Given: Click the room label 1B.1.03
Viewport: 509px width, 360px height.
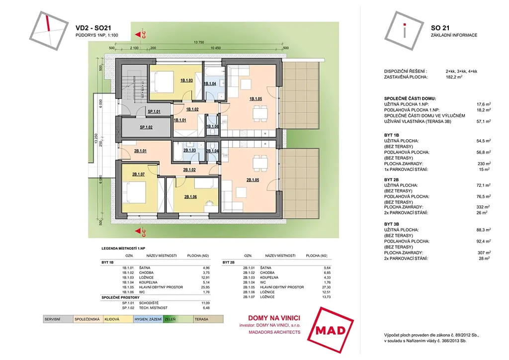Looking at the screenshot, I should point(186,80).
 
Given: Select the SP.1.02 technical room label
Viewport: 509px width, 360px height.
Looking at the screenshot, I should point(145,127).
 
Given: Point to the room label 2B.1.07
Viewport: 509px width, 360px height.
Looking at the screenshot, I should point(138,174).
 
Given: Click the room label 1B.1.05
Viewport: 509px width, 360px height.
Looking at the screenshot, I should point(255,98).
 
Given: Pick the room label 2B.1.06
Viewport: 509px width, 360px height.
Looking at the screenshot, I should point(190,196).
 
